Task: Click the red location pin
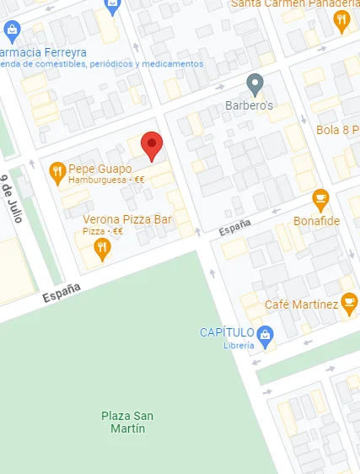(x=152, y=145)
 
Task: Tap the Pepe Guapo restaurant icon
(x=57, y=172)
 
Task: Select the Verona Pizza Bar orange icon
(x=102, y=247)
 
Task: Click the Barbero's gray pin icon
(x=255, y=83)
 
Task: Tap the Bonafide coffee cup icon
(x=320, y=199)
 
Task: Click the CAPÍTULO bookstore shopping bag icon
(x=266, y=333)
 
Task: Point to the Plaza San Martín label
(x=127, y=422)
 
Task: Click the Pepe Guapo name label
(x=99, y=169)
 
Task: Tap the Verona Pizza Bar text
(x=126, y=219)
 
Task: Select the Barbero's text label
(x=250, y=107)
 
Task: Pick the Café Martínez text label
(x=301, y=304)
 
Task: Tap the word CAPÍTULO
(x=228, y=332)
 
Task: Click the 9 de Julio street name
(x=11, y=199)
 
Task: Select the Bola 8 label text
(x=337, y=130)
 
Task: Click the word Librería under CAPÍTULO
(x=239, y=345)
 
